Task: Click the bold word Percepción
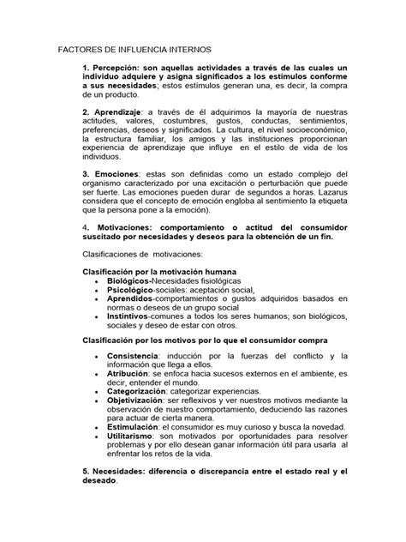(x=118, y=69)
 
